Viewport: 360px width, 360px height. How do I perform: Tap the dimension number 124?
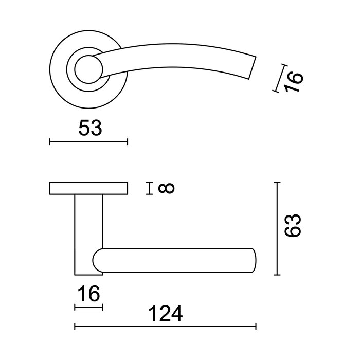click(166, 313)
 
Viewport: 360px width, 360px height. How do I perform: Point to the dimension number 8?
click(167, 189)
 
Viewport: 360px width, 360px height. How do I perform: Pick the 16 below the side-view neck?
click(88, 295)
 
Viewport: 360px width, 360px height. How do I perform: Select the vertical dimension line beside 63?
click(278, 228)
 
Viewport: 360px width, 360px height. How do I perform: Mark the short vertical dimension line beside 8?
click(149, 189)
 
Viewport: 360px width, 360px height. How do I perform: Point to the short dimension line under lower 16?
click(88, 308)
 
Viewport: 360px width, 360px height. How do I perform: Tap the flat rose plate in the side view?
click(88, 189)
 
